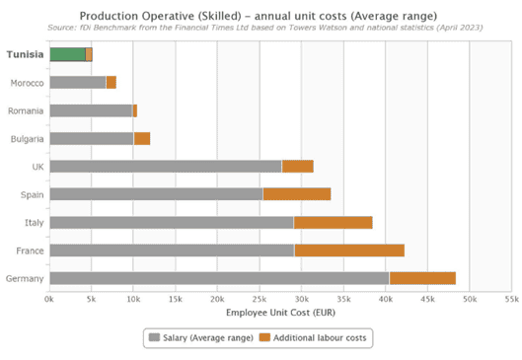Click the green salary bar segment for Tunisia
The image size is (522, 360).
67,54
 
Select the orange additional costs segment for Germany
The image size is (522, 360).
422,278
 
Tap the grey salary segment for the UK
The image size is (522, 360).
166,167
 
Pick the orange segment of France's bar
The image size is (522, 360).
349,251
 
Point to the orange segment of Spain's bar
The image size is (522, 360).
297,194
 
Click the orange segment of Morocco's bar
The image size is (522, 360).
112,83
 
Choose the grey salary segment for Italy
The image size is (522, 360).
172,222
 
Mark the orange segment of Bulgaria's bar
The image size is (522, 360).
142,138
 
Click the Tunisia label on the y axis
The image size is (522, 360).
26,54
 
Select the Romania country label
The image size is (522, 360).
26,110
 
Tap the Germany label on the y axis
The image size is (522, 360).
25,278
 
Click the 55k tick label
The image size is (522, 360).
512,300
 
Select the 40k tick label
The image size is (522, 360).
386,300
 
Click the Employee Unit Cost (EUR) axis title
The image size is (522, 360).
280,313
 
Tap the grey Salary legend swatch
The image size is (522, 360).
154,337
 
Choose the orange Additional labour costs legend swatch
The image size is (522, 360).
264,337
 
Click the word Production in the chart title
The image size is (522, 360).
109,16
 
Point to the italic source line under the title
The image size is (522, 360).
265,28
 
